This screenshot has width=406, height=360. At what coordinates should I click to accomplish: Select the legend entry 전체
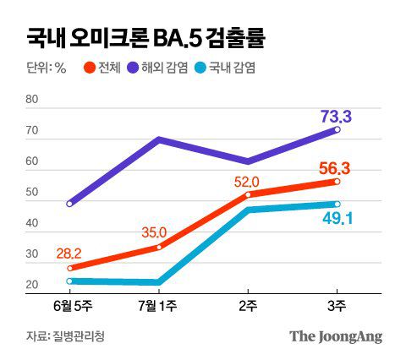click(110, 68)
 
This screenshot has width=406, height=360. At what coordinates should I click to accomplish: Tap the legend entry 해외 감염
click(170, 68)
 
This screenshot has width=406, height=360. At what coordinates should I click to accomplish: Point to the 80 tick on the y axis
click(33, 101)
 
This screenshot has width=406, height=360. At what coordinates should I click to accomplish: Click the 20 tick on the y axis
click(33, 285)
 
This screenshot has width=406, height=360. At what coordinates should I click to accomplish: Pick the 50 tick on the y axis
click(33, 193)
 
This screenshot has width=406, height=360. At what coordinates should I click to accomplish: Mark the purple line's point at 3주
click(337, 129)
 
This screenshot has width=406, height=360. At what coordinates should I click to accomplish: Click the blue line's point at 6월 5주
click(69, 281)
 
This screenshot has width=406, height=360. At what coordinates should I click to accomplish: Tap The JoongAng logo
click(336, 335)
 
